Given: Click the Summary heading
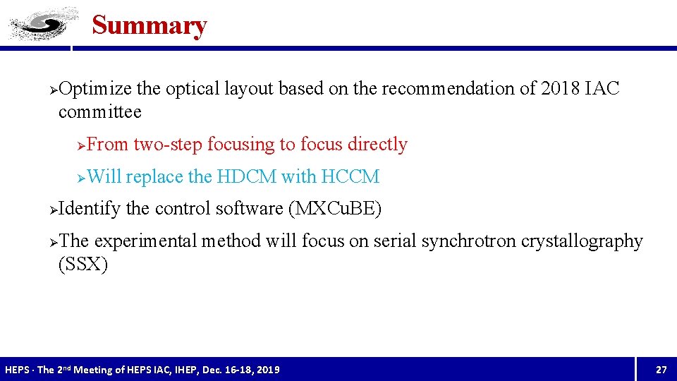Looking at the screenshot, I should pyautogui.click(x=149, y=25).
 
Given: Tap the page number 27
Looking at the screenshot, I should pyautogui.click(x=661, y=370).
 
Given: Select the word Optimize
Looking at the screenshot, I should pyautogui.click(x=95, y=89).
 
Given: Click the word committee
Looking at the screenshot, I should pyautogui.click(x=99, y=112).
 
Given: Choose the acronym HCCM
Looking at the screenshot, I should pyautogui.click(x=350, y=177).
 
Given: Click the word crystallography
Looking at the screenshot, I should pyautogui.click(x=582, y=241).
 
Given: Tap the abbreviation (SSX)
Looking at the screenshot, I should pyautogui.click(x=83, y=265).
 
